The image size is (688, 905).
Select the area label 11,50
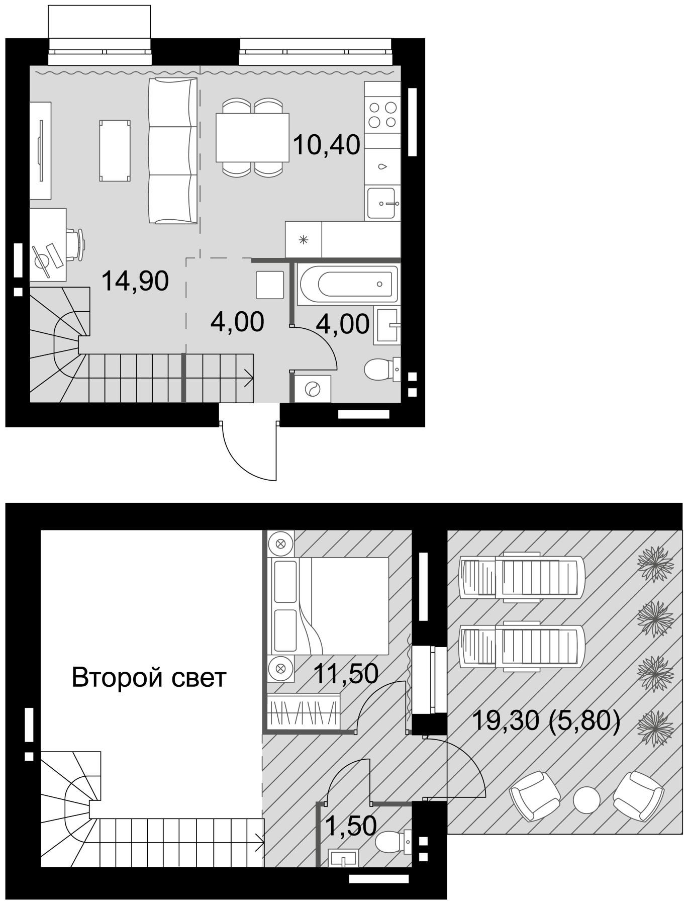(x=345, y=673)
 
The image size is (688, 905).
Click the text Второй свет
(x=149, y=677)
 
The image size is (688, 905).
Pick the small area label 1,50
(x=351, y=826)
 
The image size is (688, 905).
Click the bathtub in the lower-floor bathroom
(x=348, y=284)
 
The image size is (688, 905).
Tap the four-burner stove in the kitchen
(x=382, y=114)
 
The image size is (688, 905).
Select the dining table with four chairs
(x=252, y=137)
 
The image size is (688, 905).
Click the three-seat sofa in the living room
(x=172, y=150)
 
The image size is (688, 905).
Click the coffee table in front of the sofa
(x=115, y=150)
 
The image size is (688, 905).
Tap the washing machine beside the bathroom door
(x=313, y=389)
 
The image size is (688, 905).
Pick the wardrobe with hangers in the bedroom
(x=304, y=710)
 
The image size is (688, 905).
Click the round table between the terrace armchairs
(x=586, y=798)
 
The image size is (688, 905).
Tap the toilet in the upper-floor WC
(x=392, y=842)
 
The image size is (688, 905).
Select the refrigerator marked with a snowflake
(x=303, y=240)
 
